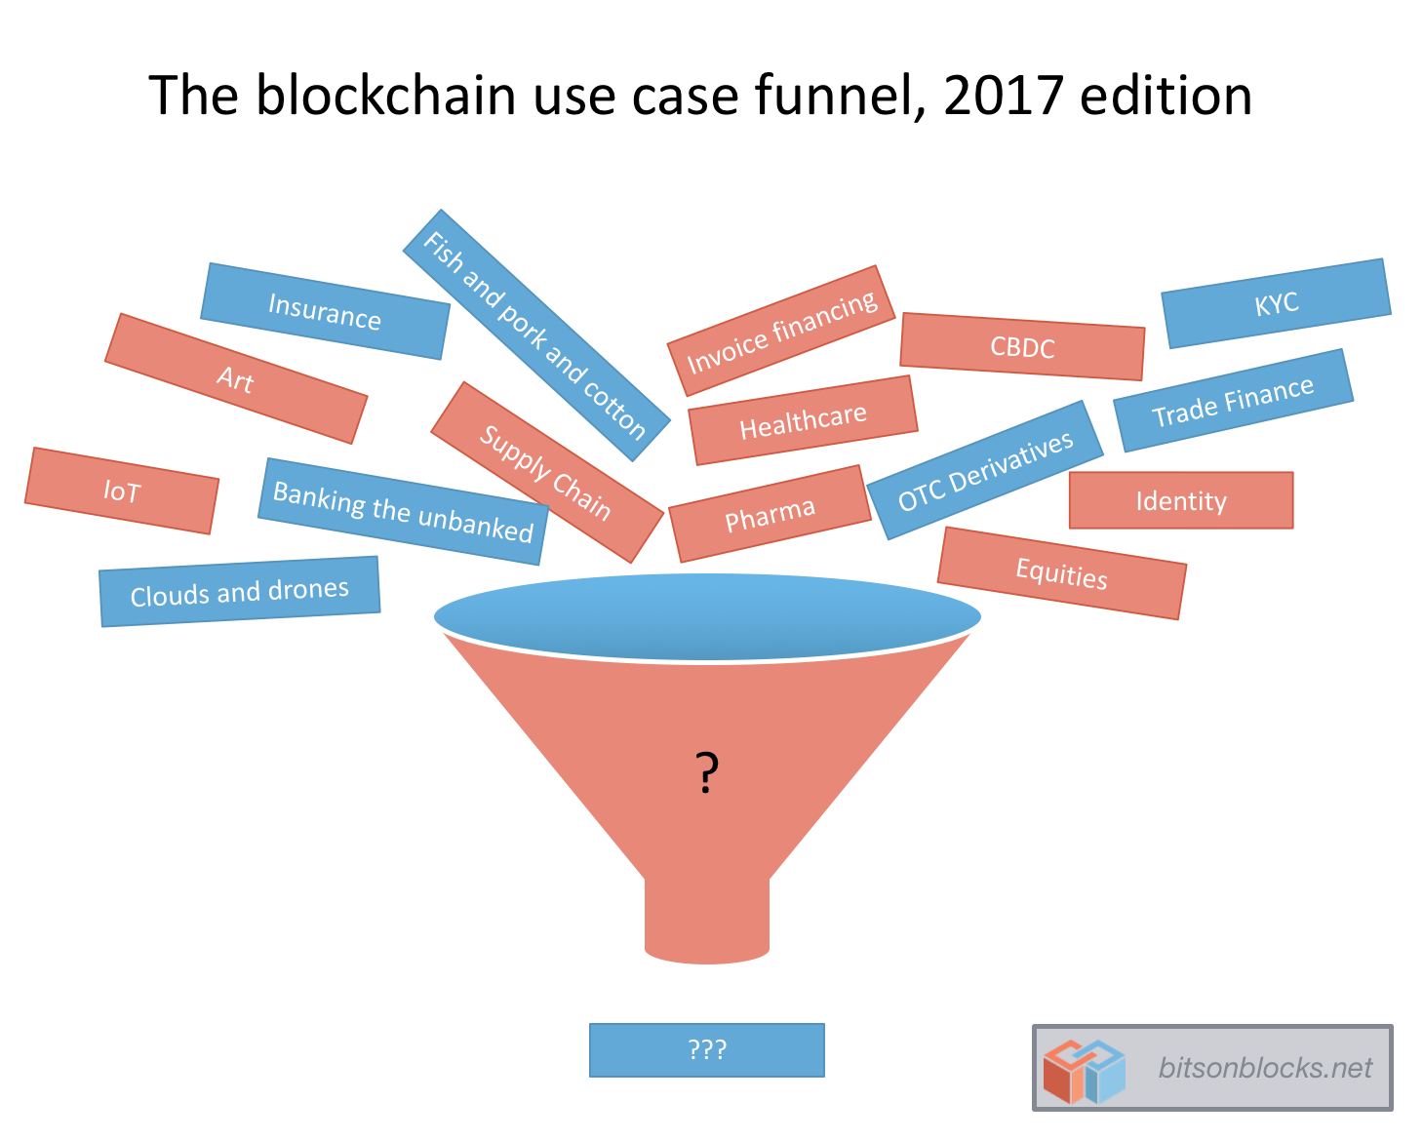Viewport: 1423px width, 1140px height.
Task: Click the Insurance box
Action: click(325, 311)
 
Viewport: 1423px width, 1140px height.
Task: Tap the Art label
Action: click(236, 378)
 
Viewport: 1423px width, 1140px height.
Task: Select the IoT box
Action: click(122, 491)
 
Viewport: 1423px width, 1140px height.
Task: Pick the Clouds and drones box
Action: click(239, 592)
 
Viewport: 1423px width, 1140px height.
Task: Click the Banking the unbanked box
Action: click(403, 512)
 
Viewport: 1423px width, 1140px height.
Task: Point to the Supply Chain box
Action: click(546, 472)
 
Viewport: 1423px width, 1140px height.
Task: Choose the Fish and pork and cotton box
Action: click(535, 334)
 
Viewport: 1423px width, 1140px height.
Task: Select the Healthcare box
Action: click(803, 420)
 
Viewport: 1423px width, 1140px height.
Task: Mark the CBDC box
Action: click(1022, 346)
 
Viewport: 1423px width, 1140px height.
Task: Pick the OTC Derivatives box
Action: click(985, 470)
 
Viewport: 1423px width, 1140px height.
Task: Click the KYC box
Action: click(1276, 303)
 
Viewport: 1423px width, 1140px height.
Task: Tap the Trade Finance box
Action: click(1233, 401)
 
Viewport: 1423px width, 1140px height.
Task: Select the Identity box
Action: click(1180, 500)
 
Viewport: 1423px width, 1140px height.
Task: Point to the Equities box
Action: click(1061, 573)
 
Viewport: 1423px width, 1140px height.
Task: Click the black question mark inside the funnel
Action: click(707, 772)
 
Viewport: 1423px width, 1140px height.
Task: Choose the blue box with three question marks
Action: click(707, 1049)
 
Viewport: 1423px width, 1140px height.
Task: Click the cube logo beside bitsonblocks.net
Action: click(1083, 1070)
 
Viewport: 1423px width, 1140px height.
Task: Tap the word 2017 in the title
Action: click(1003, 96)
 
